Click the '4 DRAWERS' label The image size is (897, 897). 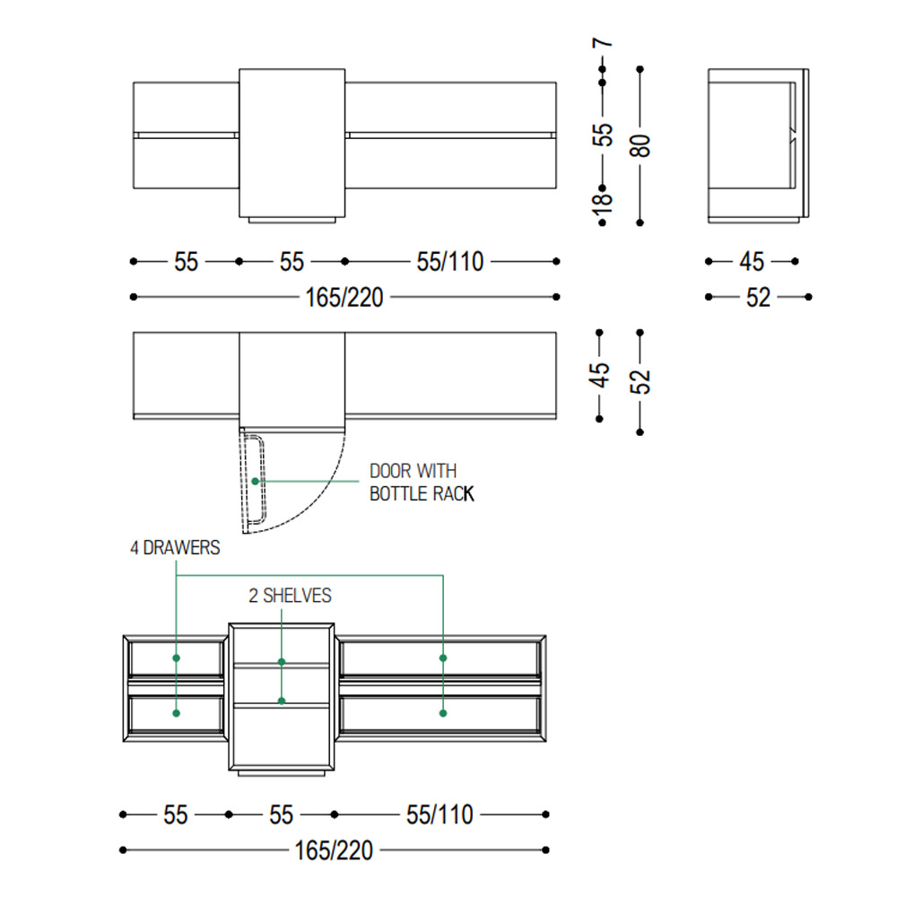(175, 548)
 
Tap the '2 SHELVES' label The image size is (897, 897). (290, 597)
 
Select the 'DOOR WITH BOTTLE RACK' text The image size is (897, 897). (422, 483)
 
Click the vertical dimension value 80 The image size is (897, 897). (640, 145)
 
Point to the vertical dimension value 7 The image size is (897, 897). (603, 42)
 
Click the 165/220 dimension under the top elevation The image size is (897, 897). (344, 298)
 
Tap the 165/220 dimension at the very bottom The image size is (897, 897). (334, 850)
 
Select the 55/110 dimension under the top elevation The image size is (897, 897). (450, 262)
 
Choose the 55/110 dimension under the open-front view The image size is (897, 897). (440, 815)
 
